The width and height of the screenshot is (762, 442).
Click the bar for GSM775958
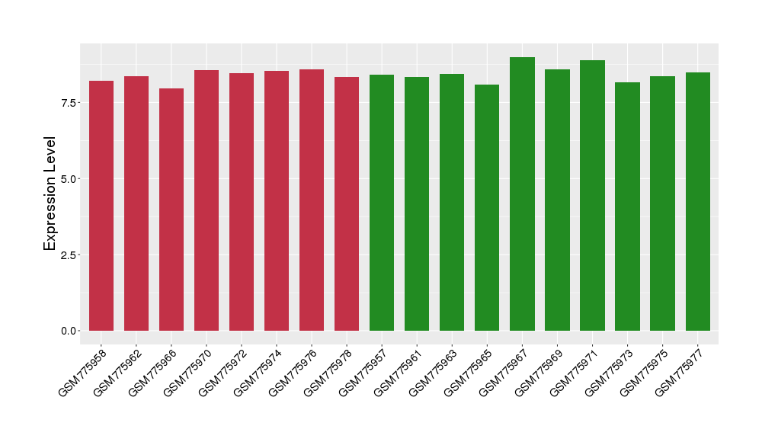tap(101, 206)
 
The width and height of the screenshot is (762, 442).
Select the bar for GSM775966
tap(171, 210)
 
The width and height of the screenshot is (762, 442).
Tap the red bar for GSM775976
tap(312, 200)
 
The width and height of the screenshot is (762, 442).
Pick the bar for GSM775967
tap(522, 194)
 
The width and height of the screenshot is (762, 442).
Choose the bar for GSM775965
tap(487, 207)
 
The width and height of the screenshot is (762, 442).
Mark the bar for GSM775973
tap(627, 207)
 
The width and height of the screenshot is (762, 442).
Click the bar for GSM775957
tap(382, 203)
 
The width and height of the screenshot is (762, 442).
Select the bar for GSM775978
tap(347, 203)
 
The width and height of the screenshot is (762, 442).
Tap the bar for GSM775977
tap(697, 201)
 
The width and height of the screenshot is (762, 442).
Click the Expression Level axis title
tap(50, 193)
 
